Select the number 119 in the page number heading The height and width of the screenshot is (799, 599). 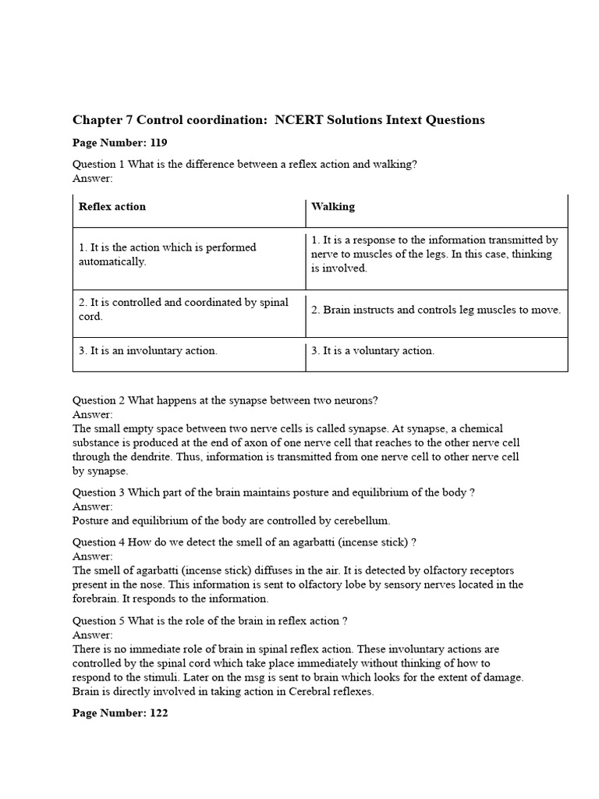tap(156, 143)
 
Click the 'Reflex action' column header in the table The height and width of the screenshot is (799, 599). tap(112, 207)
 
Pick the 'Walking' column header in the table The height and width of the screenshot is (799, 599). tap(333, 207)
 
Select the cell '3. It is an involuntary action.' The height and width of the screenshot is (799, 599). tap(148, 351)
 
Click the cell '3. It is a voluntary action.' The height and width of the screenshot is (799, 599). tap(373, 351)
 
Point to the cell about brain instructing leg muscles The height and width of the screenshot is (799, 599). tap(435, 310)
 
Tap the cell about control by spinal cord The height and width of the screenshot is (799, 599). tap(183, 309)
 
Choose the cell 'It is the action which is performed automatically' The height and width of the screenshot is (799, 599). tap(167, 254)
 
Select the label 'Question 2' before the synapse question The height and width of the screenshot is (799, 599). tap(98, 400)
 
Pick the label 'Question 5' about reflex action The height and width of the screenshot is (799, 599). tap(98, 621)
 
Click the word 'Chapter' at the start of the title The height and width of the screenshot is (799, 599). tap(97, 120)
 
